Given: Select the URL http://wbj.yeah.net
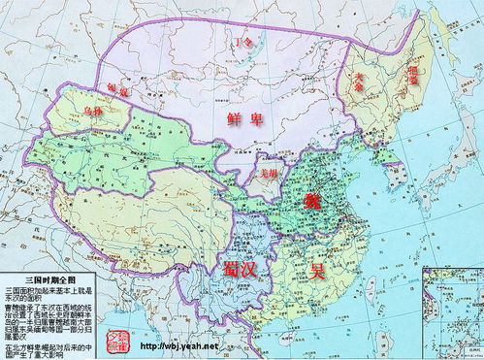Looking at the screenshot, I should (176, 346).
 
